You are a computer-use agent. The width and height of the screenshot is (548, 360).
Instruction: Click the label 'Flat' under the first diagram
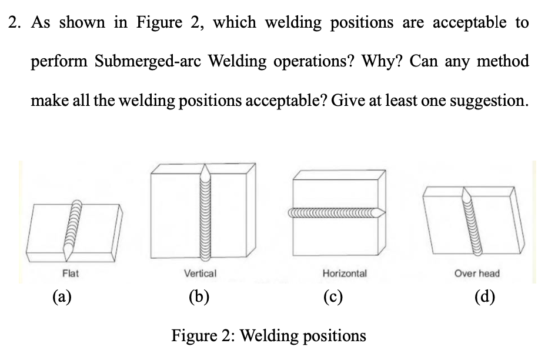[x=71, y=273]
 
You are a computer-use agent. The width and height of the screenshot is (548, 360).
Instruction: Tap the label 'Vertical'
[x=200, y=273]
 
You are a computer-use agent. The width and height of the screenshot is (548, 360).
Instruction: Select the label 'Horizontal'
[x=345, y=273]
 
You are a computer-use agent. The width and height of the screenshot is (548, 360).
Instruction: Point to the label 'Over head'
[x=477, y=273]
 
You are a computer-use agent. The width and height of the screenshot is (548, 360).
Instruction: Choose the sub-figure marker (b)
[x=200, y=295]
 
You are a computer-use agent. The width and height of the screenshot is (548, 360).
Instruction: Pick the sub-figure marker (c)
[x=345, y=295]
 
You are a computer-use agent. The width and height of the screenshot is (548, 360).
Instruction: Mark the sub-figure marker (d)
[x=484, y=295]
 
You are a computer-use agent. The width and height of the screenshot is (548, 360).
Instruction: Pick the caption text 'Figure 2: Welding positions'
[x=268, y=336]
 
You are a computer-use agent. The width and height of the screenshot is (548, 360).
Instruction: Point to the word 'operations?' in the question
[x=318, y=61]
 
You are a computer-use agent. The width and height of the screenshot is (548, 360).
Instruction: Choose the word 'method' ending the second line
[x=504, y=61]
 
